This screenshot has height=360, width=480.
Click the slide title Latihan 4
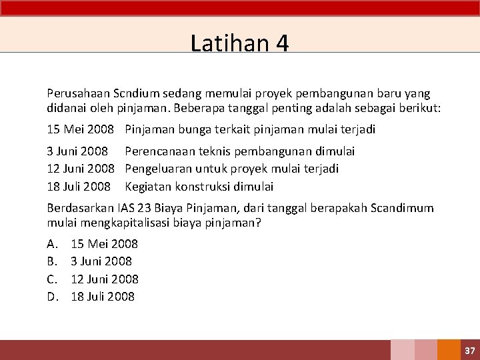[x=239, y=43]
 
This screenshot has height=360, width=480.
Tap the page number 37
[x=469, y=351]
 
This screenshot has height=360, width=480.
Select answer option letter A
[x=52, y=244]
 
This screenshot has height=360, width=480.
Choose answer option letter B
[x=52, y=261]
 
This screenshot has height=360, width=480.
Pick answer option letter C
[x=52, y=279]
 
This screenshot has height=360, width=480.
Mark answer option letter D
[x=53, y=297]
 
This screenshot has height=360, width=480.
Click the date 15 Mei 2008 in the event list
[x=81, y=129]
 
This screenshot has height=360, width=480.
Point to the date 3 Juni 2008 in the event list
[x=77, y=151]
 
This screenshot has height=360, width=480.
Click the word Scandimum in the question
[x=401, y=209]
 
